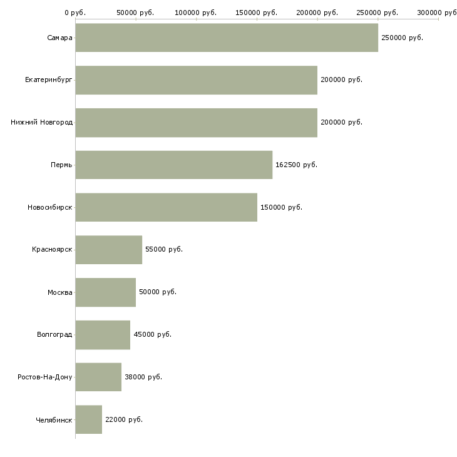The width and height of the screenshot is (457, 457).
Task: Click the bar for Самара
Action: click(x=227, y=38)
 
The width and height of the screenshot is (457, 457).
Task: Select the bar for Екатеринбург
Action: click(x=196, y=80)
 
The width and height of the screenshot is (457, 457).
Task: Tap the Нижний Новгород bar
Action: click(x=196, y=123)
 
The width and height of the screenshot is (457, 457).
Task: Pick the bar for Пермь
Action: click(x=173, y=165)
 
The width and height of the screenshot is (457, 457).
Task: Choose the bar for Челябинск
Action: click(x=88, y=419)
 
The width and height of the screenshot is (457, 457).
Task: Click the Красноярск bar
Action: click(x=108, y=250)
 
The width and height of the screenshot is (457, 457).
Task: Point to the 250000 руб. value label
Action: click(x=402, y=38)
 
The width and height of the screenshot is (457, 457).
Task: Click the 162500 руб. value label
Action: click(x=296, y=165)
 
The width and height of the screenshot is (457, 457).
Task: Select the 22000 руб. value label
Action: click(x=124, y=419)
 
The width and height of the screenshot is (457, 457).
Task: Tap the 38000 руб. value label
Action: click(x=143, y=377)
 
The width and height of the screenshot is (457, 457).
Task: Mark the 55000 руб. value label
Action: click(x=164, y=250)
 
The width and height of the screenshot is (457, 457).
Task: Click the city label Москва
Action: click(x=60, y=292)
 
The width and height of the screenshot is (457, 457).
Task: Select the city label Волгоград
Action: click(x=54, y=334)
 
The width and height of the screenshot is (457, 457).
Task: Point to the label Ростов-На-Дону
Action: click(x=45, y=377)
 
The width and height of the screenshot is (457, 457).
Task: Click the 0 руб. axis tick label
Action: click(x=75, y=13)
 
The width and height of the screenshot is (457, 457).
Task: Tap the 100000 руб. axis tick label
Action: click(x=196, y=13)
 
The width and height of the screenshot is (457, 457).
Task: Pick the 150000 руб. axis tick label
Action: click(x=257, y=13)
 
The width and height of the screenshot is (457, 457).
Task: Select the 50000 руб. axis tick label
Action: click(x=135, y=13)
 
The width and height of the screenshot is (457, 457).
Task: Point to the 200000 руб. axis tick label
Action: click(x=317, y=13)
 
